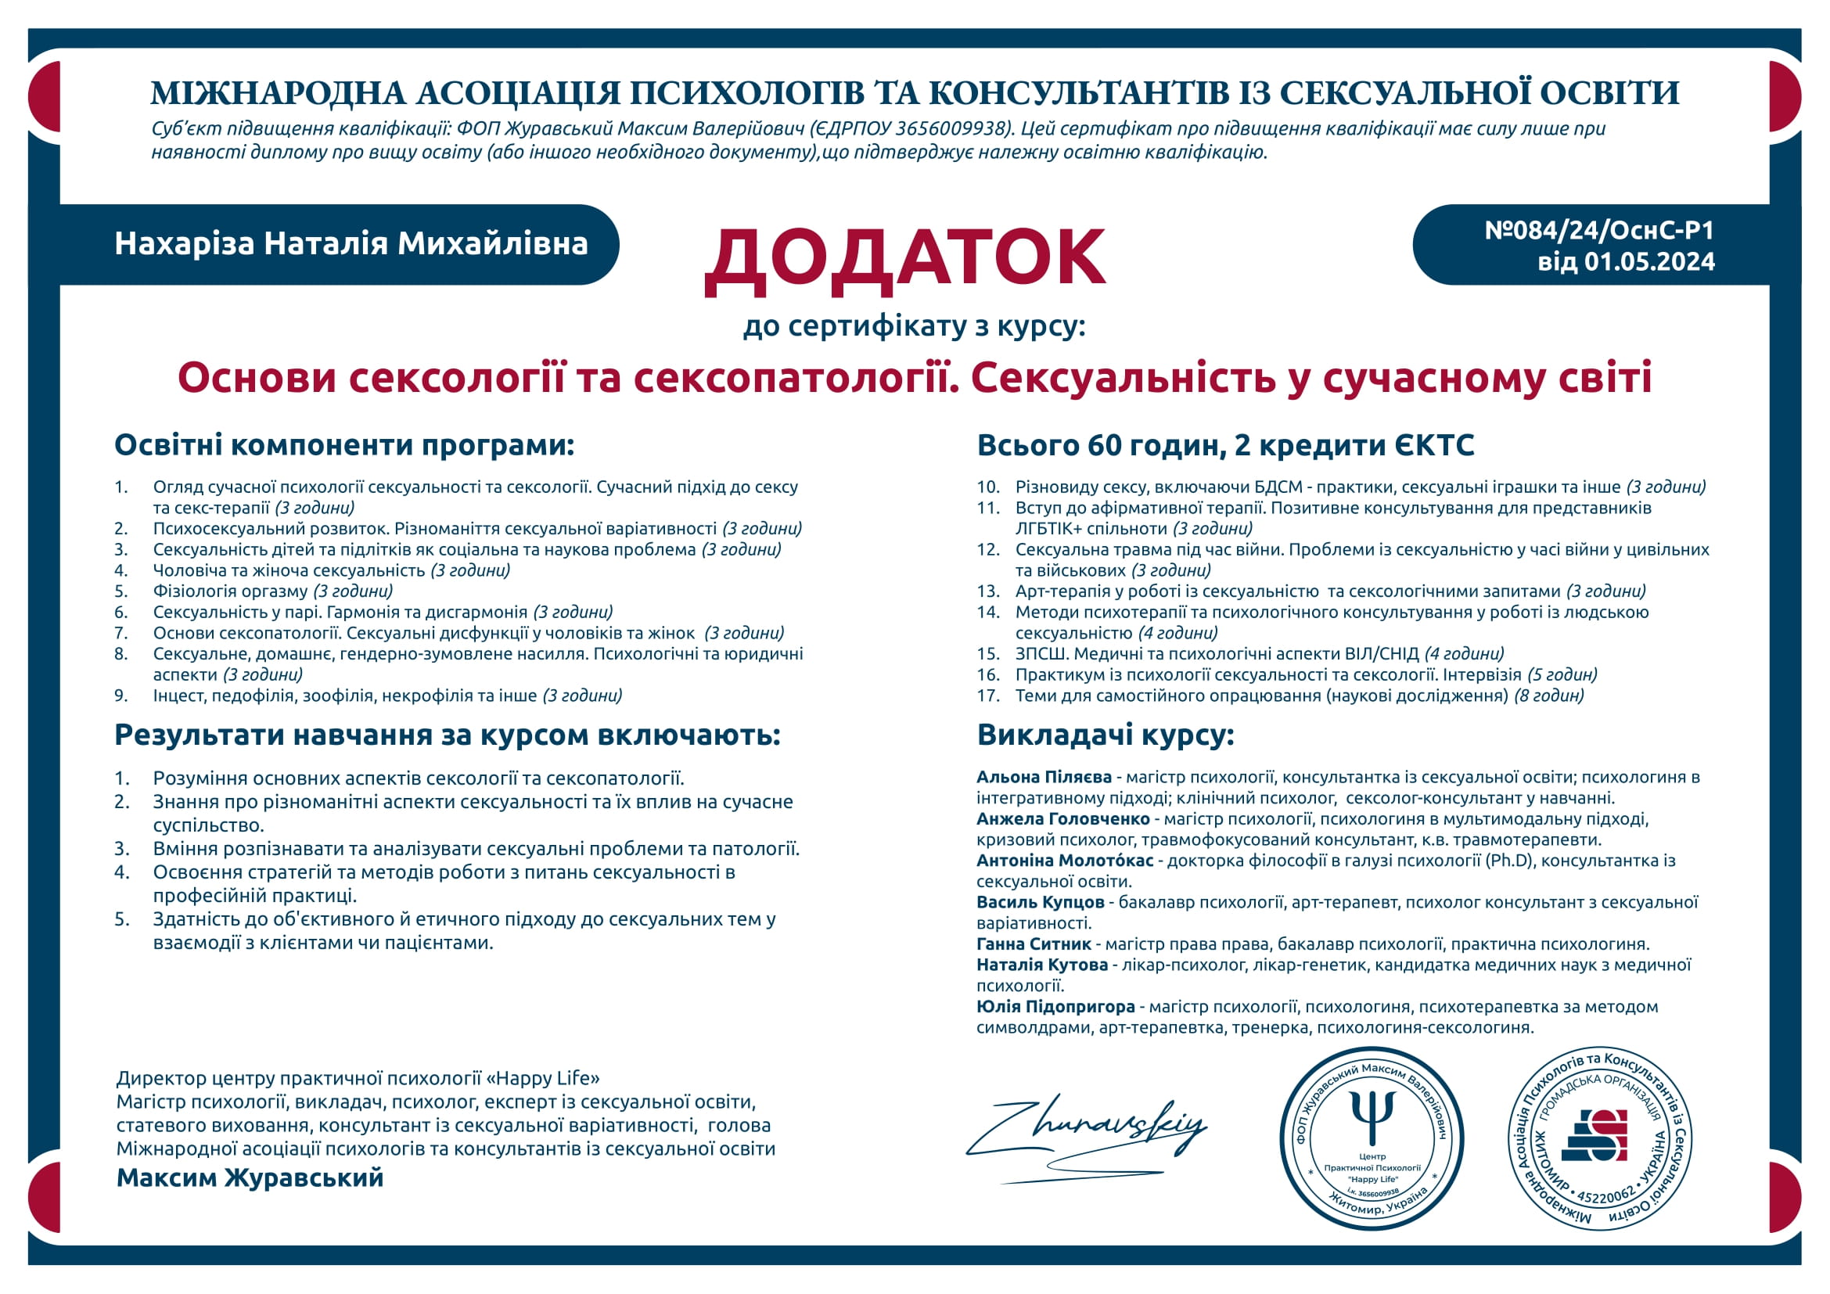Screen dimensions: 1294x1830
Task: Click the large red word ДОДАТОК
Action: tap(904, 258)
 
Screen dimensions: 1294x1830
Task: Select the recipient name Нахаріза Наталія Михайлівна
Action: tap(351, 244)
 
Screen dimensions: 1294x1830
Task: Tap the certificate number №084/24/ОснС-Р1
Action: tap(1599, 230)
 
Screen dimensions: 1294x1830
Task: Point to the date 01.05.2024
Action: tap(1649, 262)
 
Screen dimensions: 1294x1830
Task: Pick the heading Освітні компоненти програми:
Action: tap(344, 444)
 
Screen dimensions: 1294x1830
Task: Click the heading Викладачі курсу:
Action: tap(1106, 735)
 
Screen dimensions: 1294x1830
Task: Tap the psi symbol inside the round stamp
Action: tap(1372, 1116)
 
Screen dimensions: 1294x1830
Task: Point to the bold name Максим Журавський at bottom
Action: tap(250, 1177)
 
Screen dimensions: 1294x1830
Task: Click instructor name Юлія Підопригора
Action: tap(1055, 1006)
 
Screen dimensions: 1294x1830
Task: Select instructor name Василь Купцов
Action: tap(1040, 902)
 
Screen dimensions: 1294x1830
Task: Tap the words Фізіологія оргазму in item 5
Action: tap(230, 591)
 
